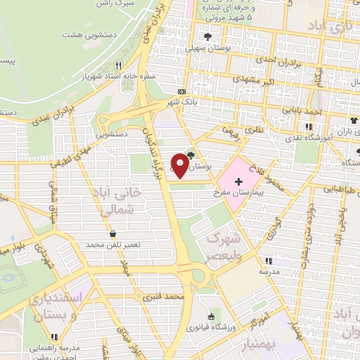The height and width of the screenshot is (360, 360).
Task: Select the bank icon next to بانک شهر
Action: pyautogui.click(x=182, y=92)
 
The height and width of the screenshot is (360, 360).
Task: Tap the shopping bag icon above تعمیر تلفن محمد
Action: pyautogui.click(x=113, y=233)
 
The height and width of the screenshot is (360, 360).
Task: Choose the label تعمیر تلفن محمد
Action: pyautogui.click(x=114, y=244)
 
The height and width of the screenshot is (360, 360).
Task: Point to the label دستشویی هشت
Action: pyautogui.click(x=84, y=34)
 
